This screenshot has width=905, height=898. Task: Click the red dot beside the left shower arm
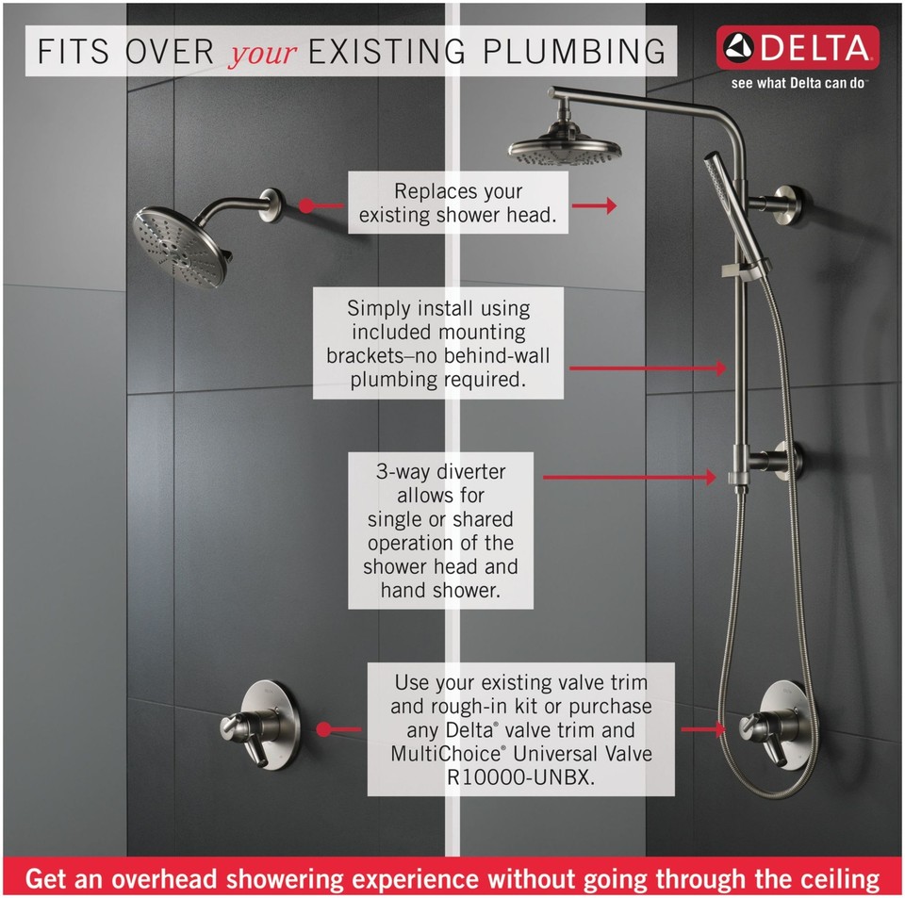305,204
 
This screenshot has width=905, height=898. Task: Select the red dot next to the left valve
323,729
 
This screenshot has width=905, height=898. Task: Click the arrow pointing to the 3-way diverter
630,478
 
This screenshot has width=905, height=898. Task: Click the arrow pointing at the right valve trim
701,729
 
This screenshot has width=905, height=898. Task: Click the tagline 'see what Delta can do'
798,82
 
